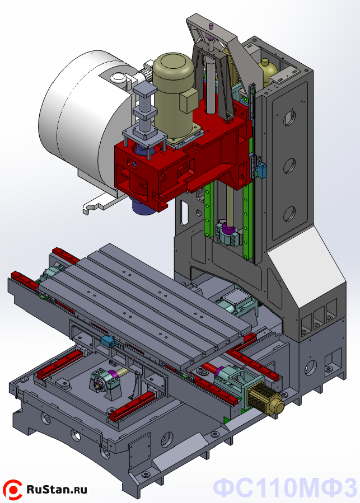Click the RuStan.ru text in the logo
click(x=57, y=490)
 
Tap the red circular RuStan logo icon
click(x=12, y=490)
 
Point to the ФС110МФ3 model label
click(x=284, y=487)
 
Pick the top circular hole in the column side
click(x=289, y=118)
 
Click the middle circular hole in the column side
click(x=289, y=166)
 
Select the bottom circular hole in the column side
click(x=289, y=214)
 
